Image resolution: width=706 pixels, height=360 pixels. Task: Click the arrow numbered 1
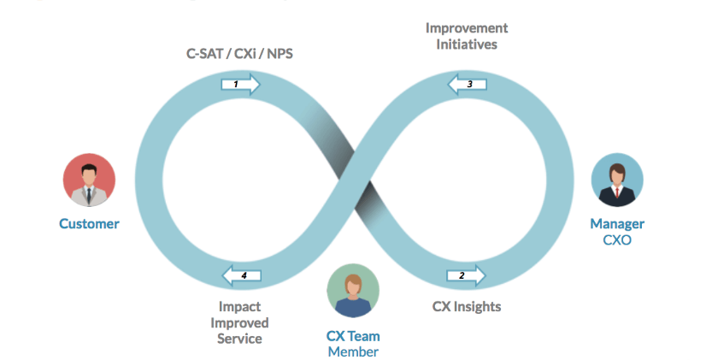coord(240,84)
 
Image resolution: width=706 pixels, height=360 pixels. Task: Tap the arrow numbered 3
coord(467,84)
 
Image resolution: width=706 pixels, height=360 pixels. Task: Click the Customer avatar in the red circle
coord(89,180)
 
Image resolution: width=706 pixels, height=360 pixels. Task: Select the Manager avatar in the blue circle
coord(617,180)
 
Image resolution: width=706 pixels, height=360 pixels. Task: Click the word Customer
coord(89,224)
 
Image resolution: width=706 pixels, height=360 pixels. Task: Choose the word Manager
coord(617,224)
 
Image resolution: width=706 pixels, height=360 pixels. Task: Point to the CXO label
coord(617,240)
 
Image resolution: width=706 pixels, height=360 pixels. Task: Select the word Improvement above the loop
coord(466,28)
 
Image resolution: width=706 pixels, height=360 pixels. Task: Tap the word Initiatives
coord(466,44)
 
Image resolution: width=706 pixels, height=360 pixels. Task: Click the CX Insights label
coord(467,306)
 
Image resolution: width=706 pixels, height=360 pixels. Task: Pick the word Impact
coord(239,306)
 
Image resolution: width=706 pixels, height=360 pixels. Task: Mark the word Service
coord(239,339)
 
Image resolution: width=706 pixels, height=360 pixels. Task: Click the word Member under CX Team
coord(353,351)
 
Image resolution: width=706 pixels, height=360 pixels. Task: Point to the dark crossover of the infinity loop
coord(353,179)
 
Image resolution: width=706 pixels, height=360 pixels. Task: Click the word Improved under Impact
coord(239,322)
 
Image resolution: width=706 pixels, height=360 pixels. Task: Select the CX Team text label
coord(353,336)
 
